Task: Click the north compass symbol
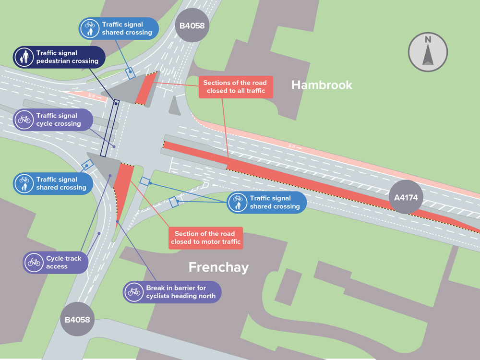coord(428,52)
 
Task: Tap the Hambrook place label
coord(322,85)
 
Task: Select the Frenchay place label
coord(218,267)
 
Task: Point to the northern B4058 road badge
coord(192,25)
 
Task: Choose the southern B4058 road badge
coord(77,319)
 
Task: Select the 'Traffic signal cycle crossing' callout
coord(53,120)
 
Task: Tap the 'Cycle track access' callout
coord(56,262)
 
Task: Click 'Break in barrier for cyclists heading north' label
coord(173,292)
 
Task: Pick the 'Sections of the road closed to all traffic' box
coord(234,87)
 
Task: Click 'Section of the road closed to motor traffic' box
coord(205,238)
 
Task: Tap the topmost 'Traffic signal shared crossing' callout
coord(119,28)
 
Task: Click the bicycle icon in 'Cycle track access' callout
coord(34,263)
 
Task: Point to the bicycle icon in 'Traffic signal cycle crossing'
coord(24,120)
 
